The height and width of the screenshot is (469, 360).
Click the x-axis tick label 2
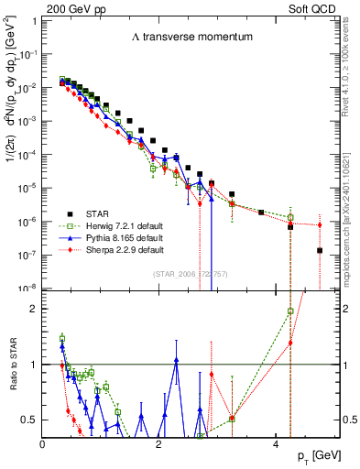(x=159, y=445)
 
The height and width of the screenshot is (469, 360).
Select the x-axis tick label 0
(x=43, y=445)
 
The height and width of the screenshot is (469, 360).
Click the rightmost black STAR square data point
(x=319, y=250)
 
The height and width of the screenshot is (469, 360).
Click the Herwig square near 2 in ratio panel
(x=290, y=311)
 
